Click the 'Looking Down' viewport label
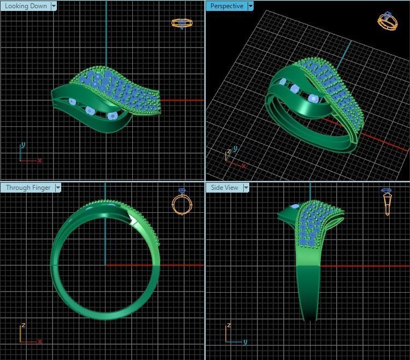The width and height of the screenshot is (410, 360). click(26, 6)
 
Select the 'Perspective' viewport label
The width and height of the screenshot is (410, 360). click(226, 6)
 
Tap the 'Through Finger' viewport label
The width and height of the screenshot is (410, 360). click(28, 188)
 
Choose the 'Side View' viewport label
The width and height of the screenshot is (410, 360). click(225, 188)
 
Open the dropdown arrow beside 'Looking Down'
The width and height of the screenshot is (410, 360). click(54, 6)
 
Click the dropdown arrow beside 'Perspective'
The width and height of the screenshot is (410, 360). click(250, 6)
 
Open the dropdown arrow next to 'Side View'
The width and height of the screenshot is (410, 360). click(246, 188)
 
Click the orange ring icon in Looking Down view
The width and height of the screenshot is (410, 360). click(182, 23)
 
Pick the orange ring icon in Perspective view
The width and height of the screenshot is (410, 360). click(387, 21)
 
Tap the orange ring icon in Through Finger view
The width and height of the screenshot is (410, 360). click(182, 202)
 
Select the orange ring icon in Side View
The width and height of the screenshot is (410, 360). click(387, 201)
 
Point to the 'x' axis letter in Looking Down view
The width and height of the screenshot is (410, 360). click(40, 160)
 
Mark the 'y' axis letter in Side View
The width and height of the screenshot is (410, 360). click(245, 341)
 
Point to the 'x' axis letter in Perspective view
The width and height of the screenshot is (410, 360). click(243, 165)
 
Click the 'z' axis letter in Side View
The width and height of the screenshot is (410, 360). click(227, 326)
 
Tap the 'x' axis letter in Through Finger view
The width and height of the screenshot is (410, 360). click(40, 341)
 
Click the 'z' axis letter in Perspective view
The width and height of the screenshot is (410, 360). click(228, 152)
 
